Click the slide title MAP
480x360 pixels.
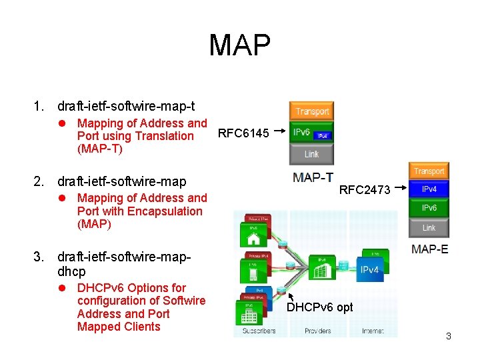[239, 45]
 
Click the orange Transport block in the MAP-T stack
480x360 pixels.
[311, 111]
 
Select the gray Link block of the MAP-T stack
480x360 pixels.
[311, 154]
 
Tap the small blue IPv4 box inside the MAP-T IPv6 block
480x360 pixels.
[323, 136]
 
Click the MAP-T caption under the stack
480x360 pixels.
[313, 177]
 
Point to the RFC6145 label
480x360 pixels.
[244, 133]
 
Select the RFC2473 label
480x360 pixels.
[365, 190]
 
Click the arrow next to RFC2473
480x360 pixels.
[400, 189]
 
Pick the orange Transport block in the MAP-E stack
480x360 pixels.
[429, 171]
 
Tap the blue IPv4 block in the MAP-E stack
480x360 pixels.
[429, 189]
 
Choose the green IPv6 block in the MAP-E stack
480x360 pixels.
[429, 208]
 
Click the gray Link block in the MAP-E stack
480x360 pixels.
[429, 227]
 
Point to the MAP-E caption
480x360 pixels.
[430, 249]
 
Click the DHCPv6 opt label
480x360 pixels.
[320, 307]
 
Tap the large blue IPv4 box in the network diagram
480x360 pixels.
[369, 270]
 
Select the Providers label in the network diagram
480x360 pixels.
[317, 331]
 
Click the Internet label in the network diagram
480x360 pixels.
[373, 331]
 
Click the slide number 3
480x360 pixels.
[449, 336]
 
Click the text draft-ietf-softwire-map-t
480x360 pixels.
[127, 106]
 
